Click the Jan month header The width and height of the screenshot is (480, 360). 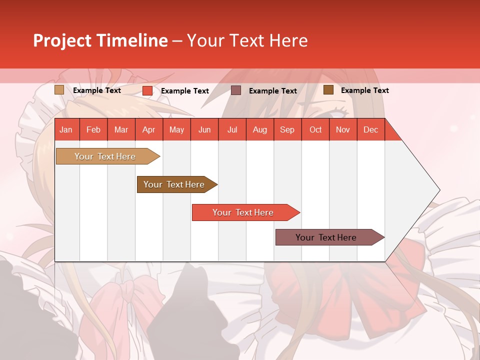[66, 129]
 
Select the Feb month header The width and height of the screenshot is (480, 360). [93, 129]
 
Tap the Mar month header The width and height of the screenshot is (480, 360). [121, 129]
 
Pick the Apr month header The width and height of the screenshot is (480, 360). [148, 129]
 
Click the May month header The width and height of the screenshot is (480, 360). [176, 129]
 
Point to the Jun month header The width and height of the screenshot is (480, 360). [204, 129]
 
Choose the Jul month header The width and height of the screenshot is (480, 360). [232, 129]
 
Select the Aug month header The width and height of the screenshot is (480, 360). [259, 129]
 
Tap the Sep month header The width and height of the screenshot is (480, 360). [287, 129]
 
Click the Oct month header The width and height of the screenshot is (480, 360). [315, 129]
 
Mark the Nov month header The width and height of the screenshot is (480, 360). [343, 129]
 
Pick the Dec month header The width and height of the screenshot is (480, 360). [370, 129]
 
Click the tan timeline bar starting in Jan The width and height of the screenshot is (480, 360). [105, 156]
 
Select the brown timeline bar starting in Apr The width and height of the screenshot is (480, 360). [174, 184]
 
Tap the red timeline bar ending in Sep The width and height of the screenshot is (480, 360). [243, 212]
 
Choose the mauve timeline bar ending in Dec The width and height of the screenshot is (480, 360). [326, 237]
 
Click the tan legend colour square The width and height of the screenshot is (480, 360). [59, 90]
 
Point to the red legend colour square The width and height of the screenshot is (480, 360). [147, 90]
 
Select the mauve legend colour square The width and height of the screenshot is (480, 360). [236, 90]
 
